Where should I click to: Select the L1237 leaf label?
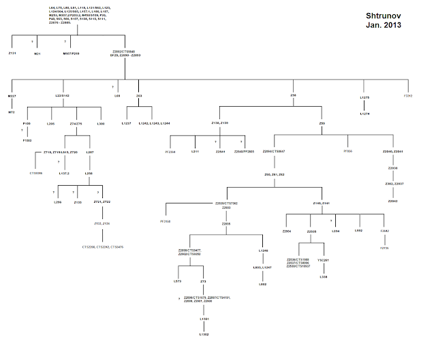pyautogui.click(x=126, y=123)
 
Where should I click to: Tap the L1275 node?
pyautogui.click(x=364, y=97)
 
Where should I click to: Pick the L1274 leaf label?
pyautogui.click(x=364, y=114)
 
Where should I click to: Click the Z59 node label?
pyautogui.click(x=322, y=123)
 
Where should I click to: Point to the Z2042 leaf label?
pyautogui.click(x=392, y=201)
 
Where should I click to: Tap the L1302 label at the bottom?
pyautogui.click(x=203, y=334)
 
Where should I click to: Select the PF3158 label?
pyautogui.click(x=166, y=222)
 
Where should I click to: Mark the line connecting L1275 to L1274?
pyautogui.click(x=364, y=105)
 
